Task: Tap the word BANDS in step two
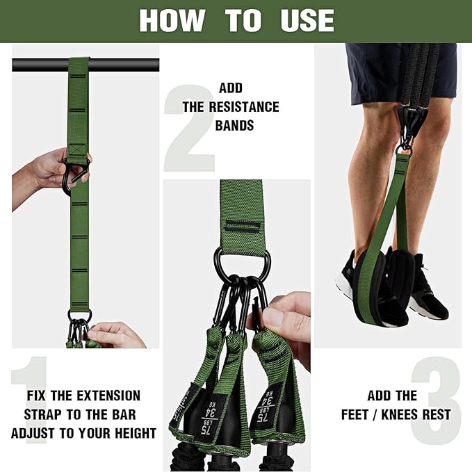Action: [x=234, y=126]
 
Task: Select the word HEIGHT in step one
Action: [x=132, y=433]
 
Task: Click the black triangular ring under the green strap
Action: [x=241, y=263]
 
